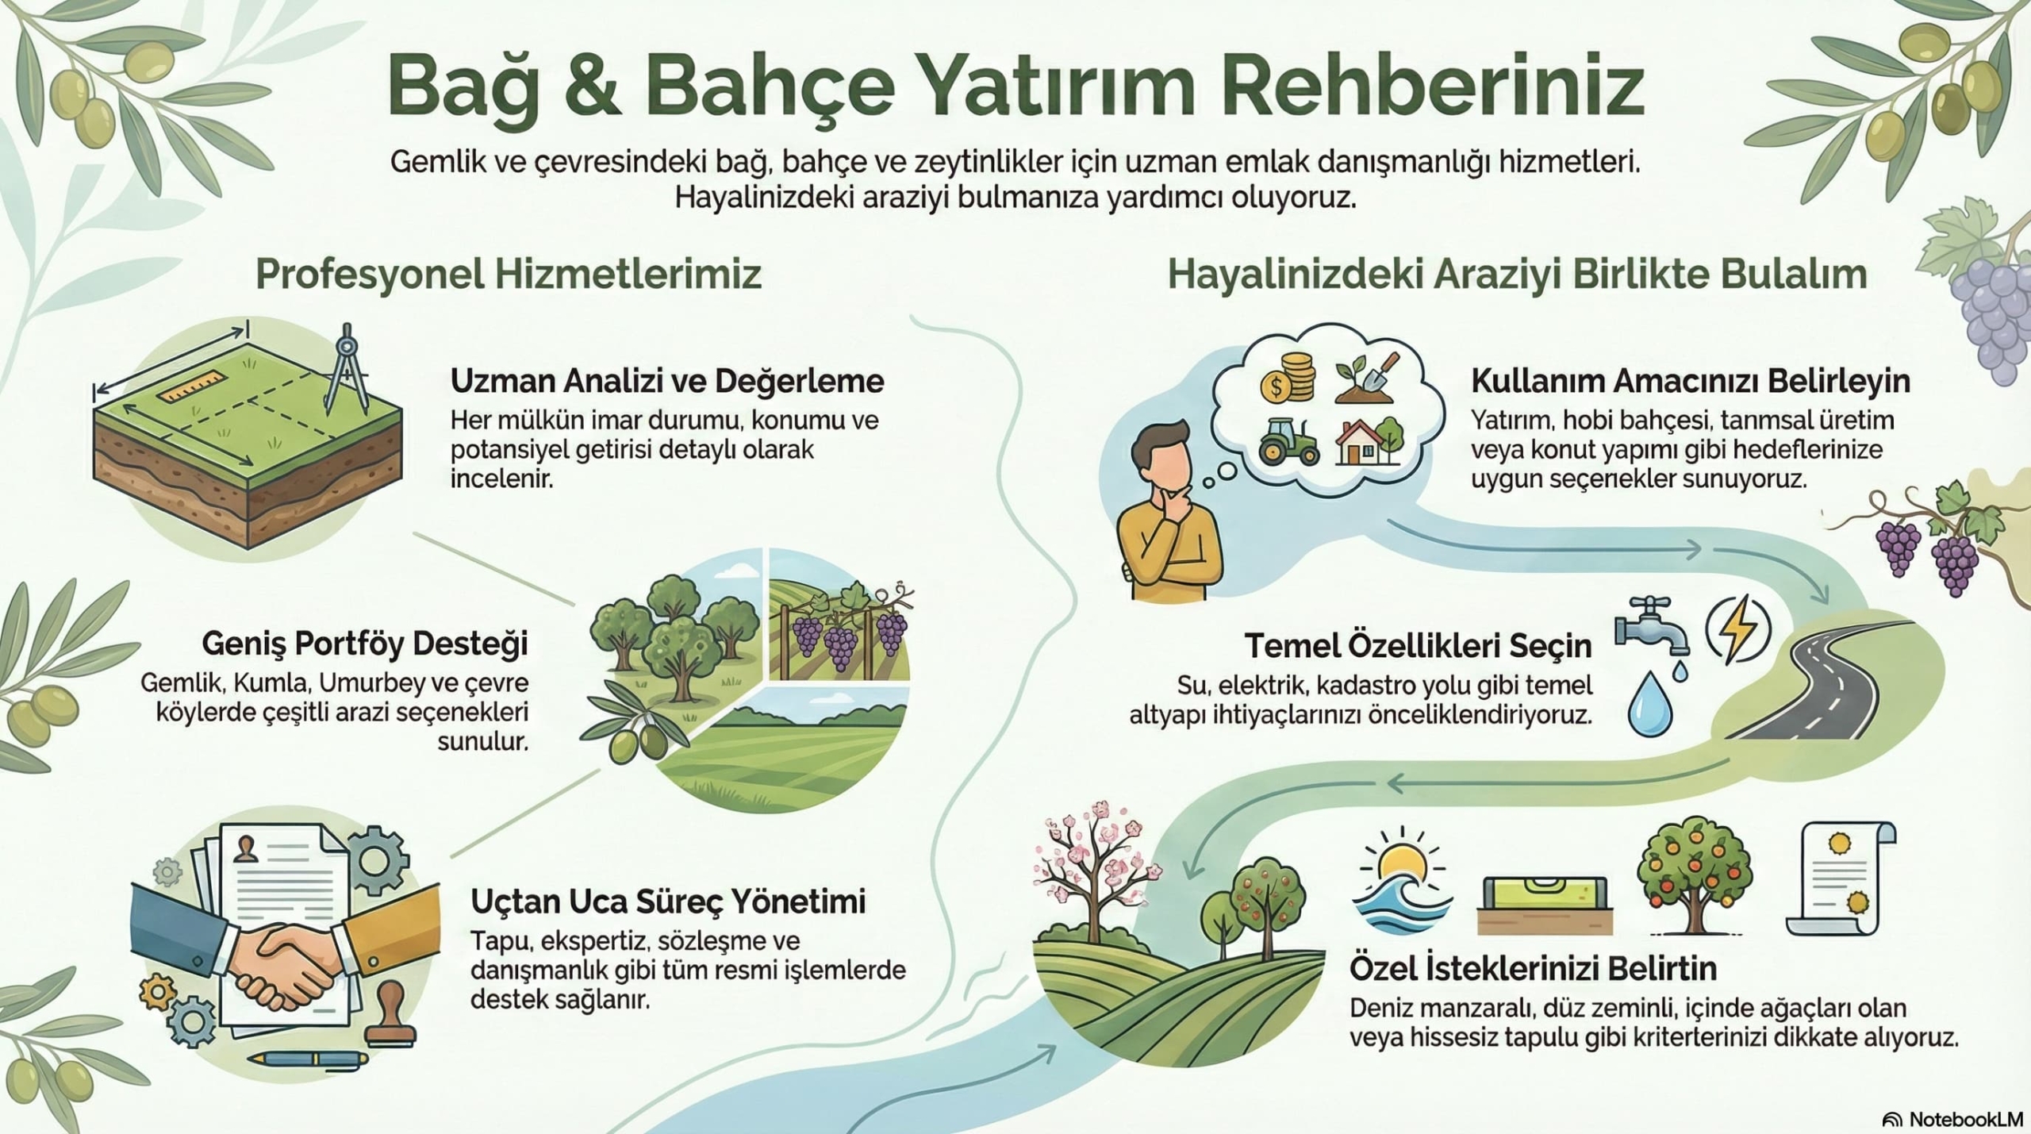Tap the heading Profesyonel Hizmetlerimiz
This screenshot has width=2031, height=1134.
[508, 275]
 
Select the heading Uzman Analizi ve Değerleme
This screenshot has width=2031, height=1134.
[666, 381]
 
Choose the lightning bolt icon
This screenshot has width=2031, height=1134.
[1737, 630]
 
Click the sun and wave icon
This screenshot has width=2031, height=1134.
[1402, 881]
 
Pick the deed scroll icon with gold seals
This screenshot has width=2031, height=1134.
[1841, 878]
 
